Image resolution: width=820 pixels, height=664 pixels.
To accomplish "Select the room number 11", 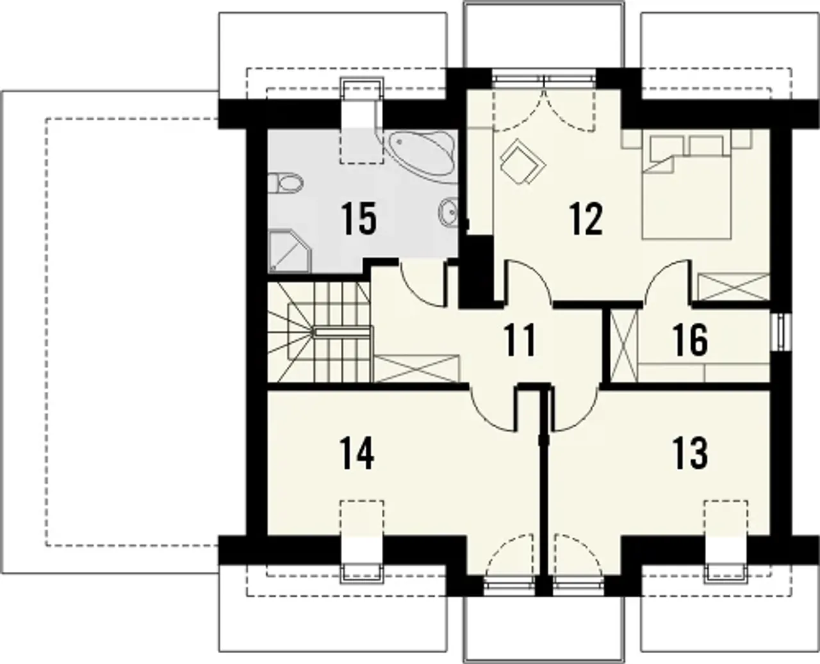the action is [520, 340].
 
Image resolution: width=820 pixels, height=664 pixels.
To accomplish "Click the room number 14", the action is [357, 453].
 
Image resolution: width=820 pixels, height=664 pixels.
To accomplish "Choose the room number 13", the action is [690, 453].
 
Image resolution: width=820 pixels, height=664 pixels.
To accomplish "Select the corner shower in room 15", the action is [290, 251].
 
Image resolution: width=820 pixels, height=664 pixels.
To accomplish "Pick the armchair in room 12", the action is [522, 161].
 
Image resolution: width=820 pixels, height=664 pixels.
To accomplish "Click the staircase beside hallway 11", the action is [320, 333].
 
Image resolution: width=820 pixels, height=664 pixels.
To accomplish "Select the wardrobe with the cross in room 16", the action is [625, 346].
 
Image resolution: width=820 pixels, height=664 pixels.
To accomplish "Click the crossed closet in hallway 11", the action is [417, 369].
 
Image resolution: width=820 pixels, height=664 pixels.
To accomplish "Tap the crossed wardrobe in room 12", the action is [734, 287].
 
